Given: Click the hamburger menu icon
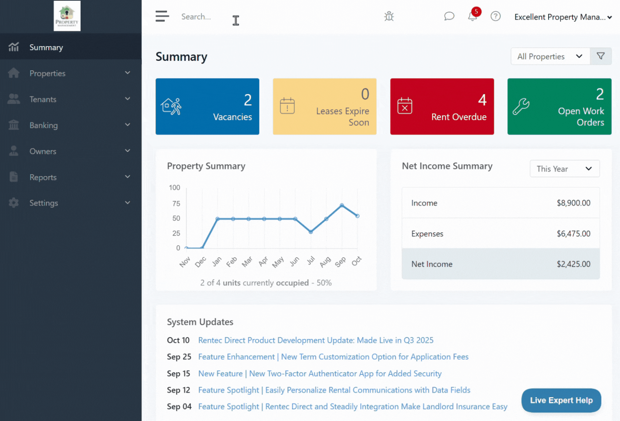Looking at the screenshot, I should click(x=162, y=16).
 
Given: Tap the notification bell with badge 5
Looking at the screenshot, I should click(x=473, y=16).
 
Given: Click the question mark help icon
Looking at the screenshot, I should click(x=496, y=16).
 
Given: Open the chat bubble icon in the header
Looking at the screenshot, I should click(x=449, y=16).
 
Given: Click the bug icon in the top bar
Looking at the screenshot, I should click(x=389, y=16).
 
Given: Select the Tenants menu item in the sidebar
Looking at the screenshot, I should click(x=43, y=99).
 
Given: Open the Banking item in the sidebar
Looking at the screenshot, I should click(x=44, y=125).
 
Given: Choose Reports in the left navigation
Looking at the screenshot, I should click(x=43, y=177).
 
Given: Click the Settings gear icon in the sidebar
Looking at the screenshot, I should click(x=14, y=203).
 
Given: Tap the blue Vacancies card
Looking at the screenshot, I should click(x=207, y=107).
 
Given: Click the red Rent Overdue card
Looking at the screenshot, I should click(x=442, y=107).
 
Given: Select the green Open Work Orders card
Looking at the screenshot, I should click(x=559, y=107).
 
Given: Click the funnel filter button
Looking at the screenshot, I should click(x=601, y=56).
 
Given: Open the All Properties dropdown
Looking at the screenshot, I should click(x=550, y=56).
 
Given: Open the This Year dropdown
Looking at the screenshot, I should click(x=564, y=169).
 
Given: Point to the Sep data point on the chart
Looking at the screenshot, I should click(x=342, y=205).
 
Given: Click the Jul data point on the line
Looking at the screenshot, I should click(x=311, y=232).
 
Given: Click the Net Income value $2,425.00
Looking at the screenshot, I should click(x=574, y=264).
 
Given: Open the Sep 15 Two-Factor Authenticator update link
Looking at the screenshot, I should click(x=320, y=373).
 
